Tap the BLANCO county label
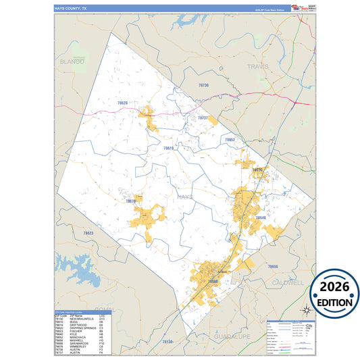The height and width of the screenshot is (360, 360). click(x=72, y=61)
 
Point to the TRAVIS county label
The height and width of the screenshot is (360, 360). click(x=258, y=68)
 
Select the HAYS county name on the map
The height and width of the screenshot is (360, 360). click(x=185, y=196)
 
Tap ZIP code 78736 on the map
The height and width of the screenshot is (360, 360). click(x=204, y=86)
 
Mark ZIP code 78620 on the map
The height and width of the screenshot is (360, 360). click(x=122, y=103)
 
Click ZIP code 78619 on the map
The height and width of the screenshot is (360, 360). click(x=169, y=148)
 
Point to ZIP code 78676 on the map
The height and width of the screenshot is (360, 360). click(x=130, y=201)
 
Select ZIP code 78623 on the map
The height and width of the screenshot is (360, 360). click(x=88, y=233)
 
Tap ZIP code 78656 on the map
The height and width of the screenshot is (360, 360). click(x=272, y=267)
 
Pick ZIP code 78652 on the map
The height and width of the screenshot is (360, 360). click(x=230, y=140)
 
